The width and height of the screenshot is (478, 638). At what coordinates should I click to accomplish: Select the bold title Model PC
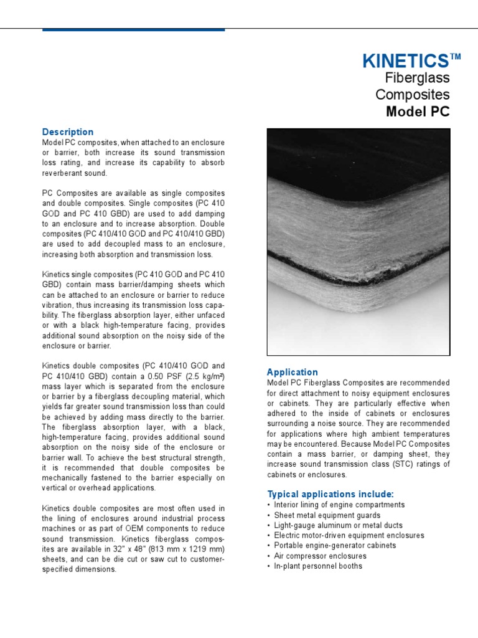(417, 112)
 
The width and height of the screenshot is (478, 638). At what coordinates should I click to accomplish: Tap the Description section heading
(67, 132)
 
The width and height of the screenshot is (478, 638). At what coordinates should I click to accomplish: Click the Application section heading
(292, 372)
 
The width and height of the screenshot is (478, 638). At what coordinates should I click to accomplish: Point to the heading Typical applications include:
(330, 494)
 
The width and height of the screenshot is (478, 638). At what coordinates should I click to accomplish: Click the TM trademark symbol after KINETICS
(455, 57)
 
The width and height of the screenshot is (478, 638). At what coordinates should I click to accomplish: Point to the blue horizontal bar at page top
(133, 29)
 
